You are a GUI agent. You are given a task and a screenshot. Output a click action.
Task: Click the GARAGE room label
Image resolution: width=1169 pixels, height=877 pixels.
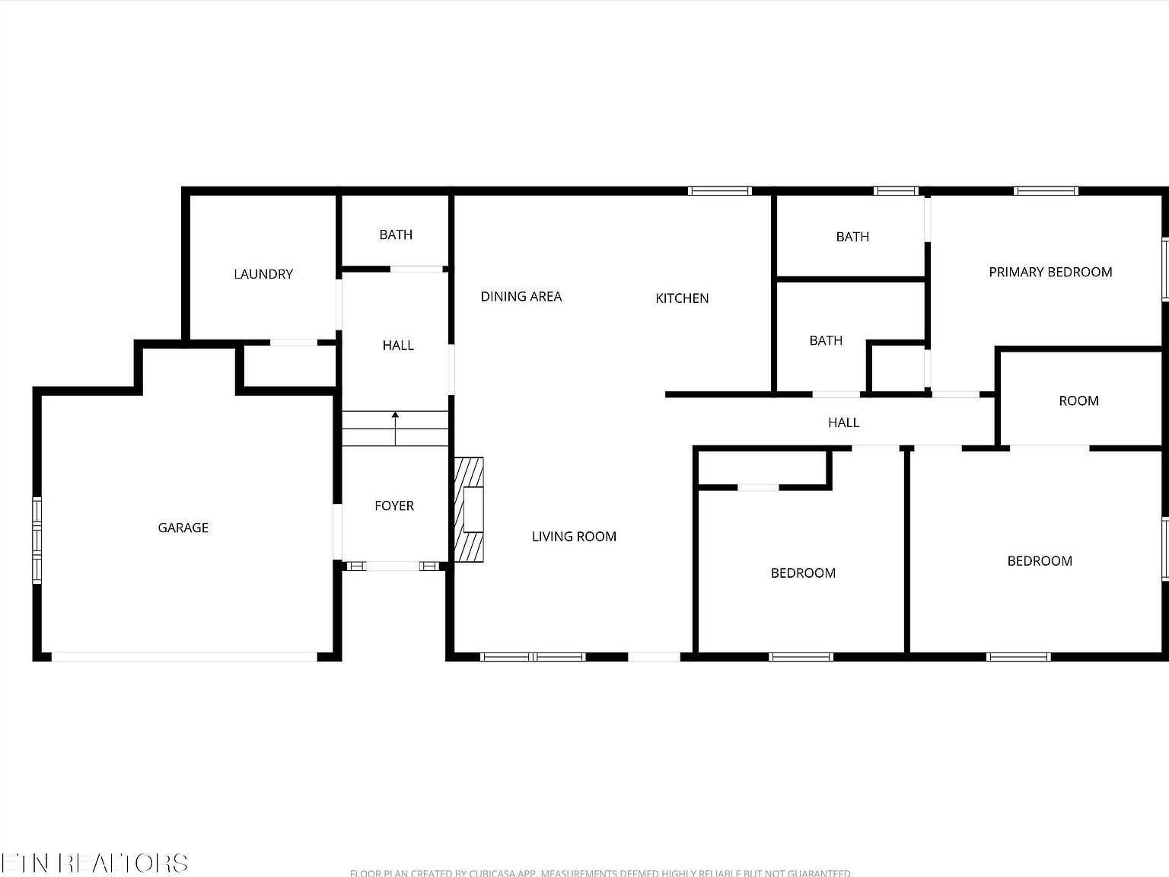click(183, 528)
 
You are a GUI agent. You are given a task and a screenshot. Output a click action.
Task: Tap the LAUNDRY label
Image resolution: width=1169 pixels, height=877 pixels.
click(263, 274)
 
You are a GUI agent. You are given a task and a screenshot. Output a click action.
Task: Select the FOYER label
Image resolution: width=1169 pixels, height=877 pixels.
click(394, 505)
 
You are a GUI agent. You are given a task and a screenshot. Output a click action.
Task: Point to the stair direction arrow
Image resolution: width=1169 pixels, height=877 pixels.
click(395, 427)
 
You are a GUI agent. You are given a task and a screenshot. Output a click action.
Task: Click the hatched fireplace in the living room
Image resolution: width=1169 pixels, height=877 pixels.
click(470, 509)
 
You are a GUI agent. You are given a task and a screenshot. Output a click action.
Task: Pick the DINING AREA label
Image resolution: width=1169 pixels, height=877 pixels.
click(521, 296)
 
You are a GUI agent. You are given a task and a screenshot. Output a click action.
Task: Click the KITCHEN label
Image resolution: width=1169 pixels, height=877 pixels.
click(682, 298)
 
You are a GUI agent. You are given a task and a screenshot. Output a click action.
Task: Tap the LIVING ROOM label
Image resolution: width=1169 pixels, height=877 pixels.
click(574, 537)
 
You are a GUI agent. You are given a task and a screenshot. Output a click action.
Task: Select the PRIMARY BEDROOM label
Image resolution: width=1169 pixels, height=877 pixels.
click(1050, 272)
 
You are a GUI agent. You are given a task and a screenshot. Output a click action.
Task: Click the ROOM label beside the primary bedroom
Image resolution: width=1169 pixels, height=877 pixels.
click(1078, 401)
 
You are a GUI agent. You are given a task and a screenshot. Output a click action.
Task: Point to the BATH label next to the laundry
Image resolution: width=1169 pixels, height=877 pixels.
click(396, 234)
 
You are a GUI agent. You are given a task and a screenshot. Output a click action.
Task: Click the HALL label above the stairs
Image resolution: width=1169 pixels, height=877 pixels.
click(398, 346)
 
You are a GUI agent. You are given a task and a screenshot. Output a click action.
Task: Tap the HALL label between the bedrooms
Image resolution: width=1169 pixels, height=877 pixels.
click(843, 423)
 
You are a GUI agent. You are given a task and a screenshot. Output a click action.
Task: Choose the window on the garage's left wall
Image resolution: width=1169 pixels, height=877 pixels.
click(37, 540)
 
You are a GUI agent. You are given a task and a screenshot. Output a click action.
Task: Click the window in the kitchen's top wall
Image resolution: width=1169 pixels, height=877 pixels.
click(720, 191)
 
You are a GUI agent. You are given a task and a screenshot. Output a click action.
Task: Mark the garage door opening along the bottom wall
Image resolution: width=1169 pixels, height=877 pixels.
click(184, 656)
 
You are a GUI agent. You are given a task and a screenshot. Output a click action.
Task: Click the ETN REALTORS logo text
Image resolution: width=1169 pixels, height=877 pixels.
click(94, 863)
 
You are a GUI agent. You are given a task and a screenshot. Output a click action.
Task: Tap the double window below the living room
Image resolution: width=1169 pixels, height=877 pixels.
click(534, 656)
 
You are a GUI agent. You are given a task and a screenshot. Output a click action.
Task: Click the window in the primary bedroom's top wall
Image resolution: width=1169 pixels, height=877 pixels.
click(1046, 191)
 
